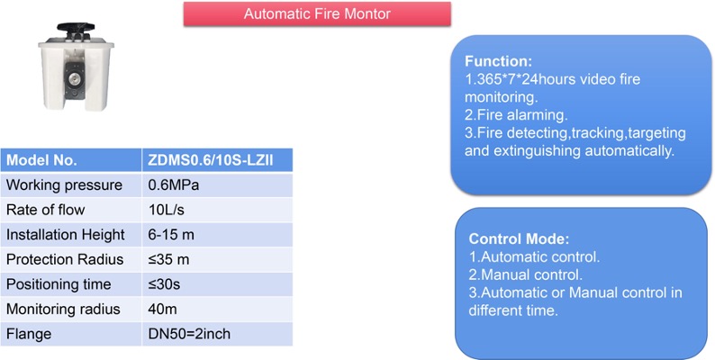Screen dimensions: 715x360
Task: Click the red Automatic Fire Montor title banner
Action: [x=317, y=13]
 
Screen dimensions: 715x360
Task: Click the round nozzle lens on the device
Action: [x=73, y=80]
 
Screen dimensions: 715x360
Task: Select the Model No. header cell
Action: [x=71, y=160]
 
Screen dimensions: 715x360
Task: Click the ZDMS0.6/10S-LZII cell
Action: [x=217, y=160]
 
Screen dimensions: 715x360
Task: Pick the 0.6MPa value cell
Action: [x=217, y=185]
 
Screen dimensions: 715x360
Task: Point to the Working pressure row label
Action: [x=64, y=185]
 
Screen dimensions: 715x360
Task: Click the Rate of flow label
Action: [x=46, y=210]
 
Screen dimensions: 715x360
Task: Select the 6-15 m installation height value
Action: [x=171, y=235]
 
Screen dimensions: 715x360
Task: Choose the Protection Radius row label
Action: [x=65, y=259]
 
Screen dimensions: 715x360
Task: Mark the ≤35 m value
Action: [x=168, y=259]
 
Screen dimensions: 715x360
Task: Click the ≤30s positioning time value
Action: [x=164, y=284]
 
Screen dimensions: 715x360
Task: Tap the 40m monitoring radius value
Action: [x=162, y=309]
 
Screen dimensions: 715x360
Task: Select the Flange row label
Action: [x=29, y=334]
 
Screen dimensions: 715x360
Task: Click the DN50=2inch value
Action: [x=189, y=334]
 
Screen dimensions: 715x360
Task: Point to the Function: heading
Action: [x=498, y=61]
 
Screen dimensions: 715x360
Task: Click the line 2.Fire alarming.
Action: [x=516, y=115]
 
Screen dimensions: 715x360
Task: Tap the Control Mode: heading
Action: [x=519, y=238]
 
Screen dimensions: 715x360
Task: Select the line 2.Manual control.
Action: [x=526, y=274]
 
